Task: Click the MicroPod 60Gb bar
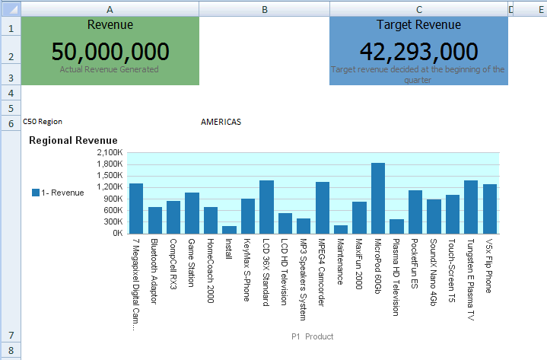tap(378, 198)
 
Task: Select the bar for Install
tap(229, 229)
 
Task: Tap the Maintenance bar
tap(341, 229)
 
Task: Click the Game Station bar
tap(192, 213)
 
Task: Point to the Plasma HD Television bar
tap(396, 226)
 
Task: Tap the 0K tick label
tap(117, 233)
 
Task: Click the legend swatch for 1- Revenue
tap(36, 193)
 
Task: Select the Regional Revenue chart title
tap(73, 141)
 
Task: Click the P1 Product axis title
tap(312, 336)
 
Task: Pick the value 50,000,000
tap(110, 52)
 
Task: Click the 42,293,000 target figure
tap(418, 52)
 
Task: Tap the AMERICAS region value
tap(221, 122)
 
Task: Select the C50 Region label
tap(43, 121)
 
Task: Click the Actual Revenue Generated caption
tap(109, 69)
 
